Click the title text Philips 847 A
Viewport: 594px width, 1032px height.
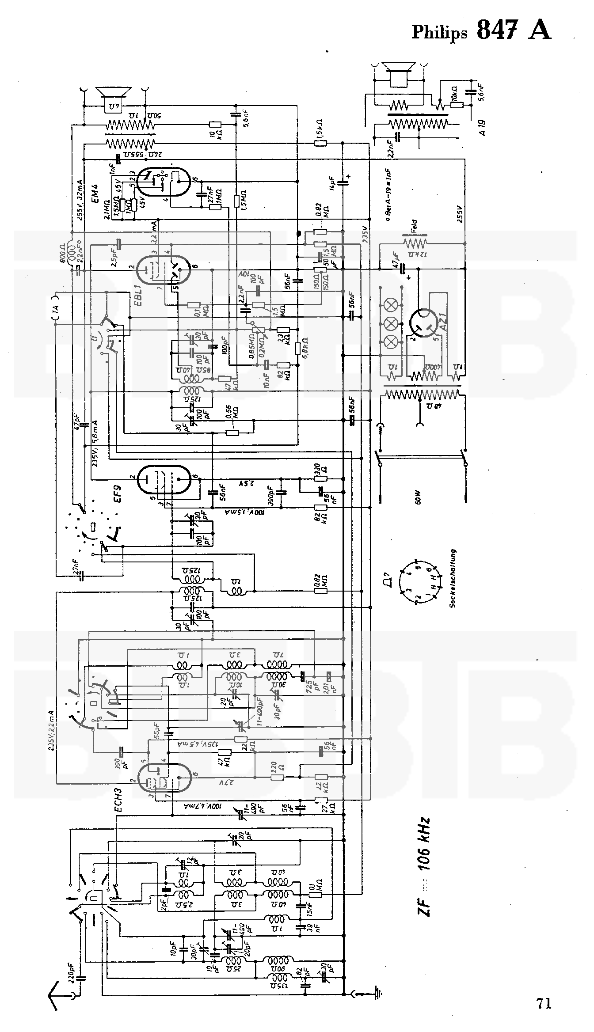[x=481, y=31]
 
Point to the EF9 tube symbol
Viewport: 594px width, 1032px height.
[x=164, y=479]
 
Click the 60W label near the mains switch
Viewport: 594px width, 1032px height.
[x=418, y=497]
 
